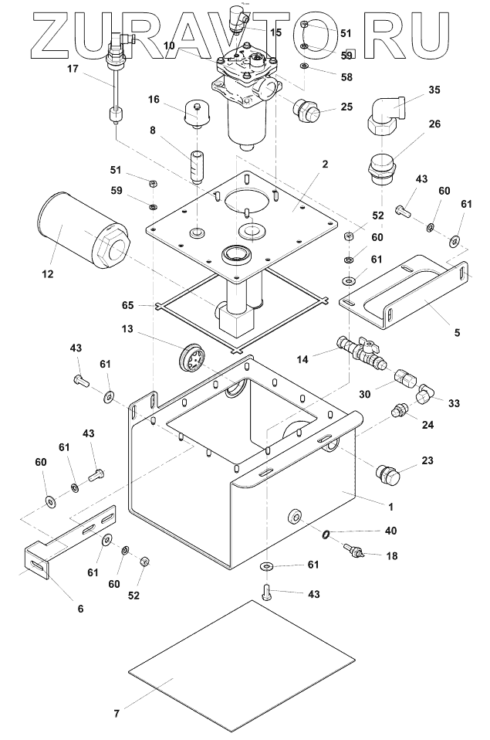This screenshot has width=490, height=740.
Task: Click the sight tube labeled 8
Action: point(196,165)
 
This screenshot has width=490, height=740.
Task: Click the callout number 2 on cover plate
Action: point(326,165)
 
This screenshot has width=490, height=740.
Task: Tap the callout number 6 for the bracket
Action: point(80,608)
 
